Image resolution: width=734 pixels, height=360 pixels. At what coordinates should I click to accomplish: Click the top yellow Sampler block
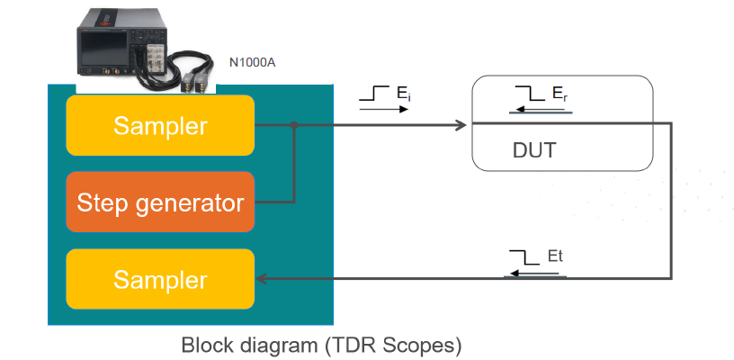point(160,126)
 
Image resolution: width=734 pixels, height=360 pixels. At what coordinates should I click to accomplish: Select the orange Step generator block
point(160,202)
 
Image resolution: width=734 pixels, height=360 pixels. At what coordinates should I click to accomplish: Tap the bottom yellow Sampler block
point(160,279)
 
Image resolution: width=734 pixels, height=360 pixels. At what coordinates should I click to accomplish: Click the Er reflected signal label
point(558,94)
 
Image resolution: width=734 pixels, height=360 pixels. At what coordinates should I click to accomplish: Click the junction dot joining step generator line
point(294,125)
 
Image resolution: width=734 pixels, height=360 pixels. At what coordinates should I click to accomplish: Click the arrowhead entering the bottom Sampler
point(264,278)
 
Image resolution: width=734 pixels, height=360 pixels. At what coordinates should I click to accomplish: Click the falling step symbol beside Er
point(527,94)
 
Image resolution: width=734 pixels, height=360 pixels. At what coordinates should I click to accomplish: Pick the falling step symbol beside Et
point(523,258)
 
